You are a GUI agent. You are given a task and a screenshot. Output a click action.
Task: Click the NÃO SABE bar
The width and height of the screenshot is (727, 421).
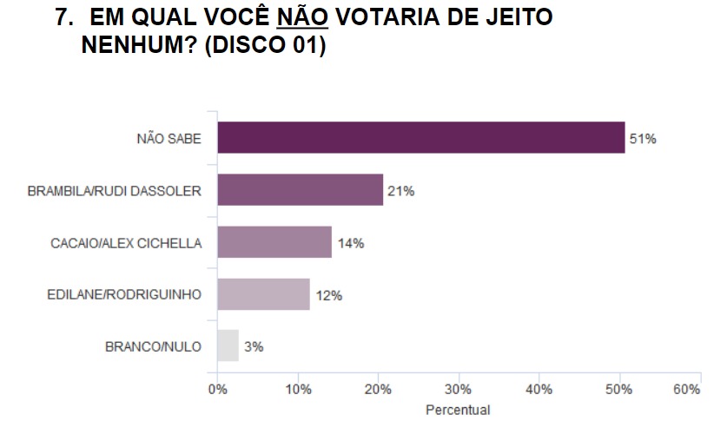click(420, 137)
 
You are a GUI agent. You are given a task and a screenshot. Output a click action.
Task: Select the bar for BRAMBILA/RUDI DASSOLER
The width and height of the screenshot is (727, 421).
click(300, 190)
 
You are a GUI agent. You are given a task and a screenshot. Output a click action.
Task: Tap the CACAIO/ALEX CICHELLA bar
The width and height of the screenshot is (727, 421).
click(274, 242)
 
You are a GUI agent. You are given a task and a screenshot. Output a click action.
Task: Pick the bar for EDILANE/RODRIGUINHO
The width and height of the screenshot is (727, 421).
click(263, 294)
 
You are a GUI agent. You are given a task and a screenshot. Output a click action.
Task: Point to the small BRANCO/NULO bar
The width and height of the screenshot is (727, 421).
click(228, 345)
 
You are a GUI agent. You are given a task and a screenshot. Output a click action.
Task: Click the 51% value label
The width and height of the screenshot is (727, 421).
click(643, 139)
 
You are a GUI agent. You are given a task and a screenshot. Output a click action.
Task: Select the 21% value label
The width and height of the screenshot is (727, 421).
click(401, 191)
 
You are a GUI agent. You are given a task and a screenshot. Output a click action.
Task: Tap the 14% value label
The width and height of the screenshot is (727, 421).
click(350, 243)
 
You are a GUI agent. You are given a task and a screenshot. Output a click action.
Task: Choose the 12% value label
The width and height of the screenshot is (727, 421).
click(328, 295)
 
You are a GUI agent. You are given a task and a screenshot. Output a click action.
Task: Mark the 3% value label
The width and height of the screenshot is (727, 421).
click(254, 346)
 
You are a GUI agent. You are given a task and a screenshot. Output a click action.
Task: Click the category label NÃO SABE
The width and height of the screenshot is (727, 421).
click(169, 139)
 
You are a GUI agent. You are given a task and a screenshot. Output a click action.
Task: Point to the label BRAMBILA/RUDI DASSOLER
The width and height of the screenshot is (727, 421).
click(115, 191)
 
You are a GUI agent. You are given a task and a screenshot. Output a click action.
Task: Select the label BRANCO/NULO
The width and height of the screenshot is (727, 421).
click(153, 346)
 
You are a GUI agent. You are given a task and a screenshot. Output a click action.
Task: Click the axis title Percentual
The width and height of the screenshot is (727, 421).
click(458, 410)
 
